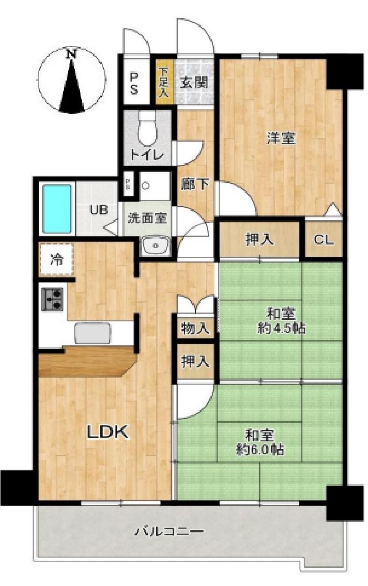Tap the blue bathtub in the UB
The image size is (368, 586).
57,208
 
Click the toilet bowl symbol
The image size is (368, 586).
148,128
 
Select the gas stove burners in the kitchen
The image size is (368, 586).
52,299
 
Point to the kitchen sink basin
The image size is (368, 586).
93,333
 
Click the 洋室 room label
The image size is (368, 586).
281,138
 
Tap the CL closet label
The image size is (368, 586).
324,239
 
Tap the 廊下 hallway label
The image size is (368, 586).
195,184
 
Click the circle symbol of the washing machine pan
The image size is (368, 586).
145,186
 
